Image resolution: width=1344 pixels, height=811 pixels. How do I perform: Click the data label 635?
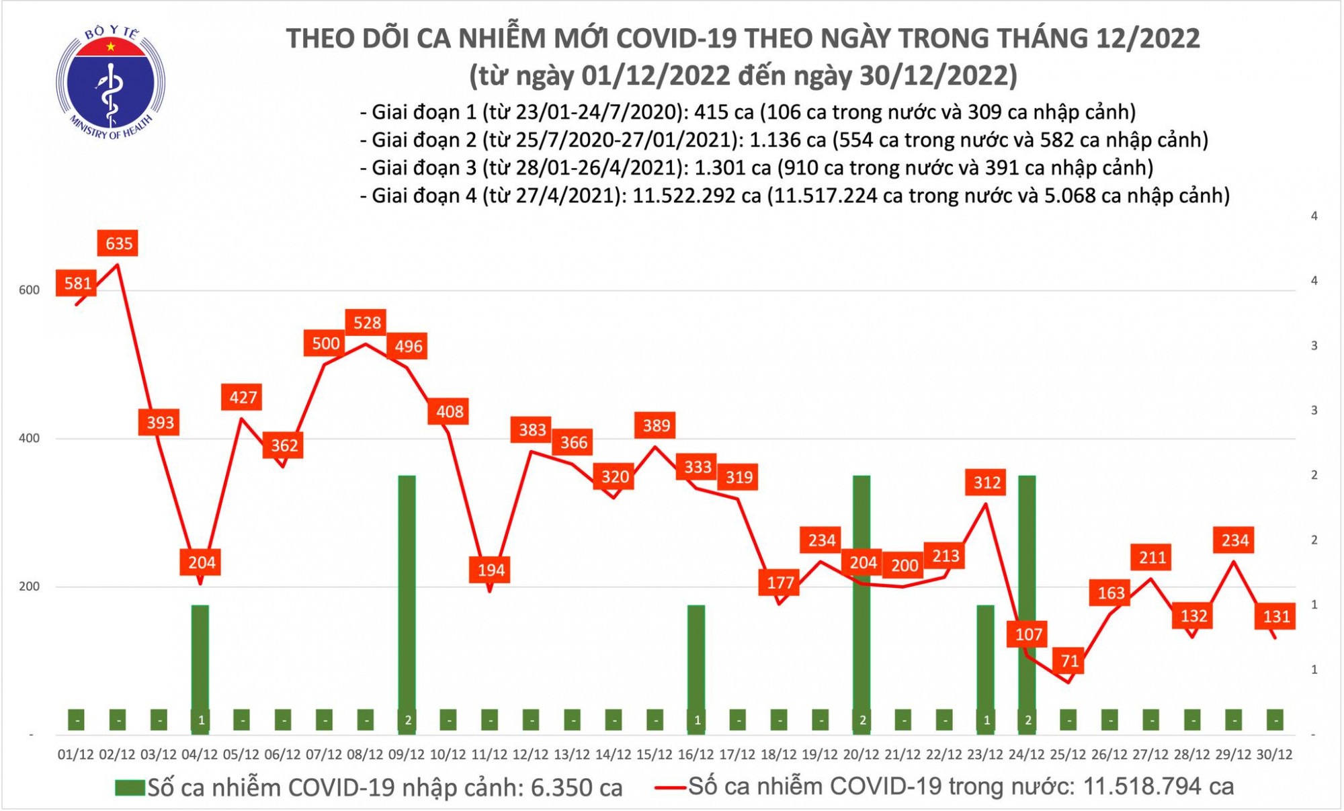[118, 243]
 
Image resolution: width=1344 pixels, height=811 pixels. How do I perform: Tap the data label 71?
[1069, 661]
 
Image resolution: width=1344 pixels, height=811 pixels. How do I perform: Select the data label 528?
[367, 323]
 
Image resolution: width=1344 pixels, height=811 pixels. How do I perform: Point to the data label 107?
[1028, 634]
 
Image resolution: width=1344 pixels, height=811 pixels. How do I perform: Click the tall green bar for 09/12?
[407, 591]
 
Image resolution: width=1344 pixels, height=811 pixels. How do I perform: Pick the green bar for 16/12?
[696, 658]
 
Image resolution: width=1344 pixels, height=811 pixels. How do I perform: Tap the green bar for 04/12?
[200, 658]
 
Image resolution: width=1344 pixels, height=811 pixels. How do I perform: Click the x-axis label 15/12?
[655, 755]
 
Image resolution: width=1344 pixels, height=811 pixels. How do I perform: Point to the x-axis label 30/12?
[1274, 755]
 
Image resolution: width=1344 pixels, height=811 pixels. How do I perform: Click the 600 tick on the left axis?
[30, 290]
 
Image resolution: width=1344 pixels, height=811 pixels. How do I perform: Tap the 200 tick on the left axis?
[30, 587]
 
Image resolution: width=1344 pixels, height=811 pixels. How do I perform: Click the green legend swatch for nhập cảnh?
[130, 788]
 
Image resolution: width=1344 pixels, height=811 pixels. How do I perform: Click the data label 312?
[986, 482]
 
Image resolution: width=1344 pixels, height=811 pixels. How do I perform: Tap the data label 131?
[1275, 616]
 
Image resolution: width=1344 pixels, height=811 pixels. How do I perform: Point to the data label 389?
[656, 425]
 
